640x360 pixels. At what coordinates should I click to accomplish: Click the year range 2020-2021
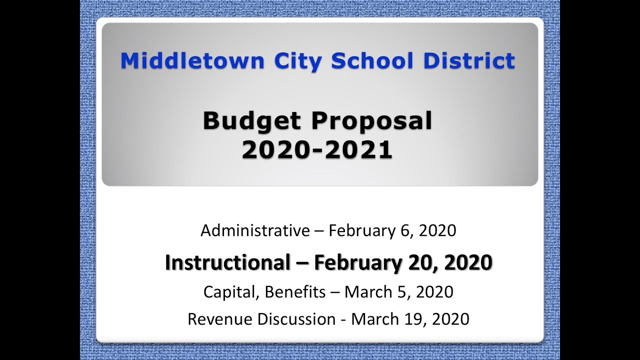click(316, 150)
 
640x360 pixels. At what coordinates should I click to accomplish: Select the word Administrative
click(255, 230)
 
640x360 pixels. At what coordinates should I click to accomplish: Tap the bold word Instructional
click(227, 262)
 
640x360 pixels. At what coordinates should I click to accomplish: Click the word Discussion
click(295, 318)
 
